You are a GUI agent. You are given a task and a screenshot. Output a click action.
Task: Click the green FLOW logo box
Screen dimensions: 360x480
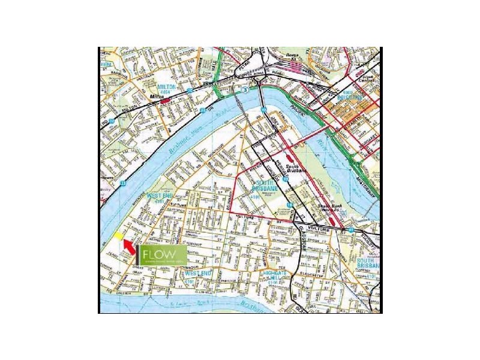[161, 255]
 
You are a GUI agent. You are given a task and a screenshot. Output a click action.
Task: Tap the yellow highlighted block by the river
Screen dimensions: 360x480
[119, 236]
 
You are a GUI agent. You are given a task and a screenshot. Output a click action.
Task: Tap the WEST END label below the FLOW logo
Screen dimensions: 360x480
[199, 274]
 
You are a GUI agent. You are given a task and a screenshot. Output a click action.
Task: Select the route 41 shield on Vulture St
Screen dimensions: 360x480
[350, 230]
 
